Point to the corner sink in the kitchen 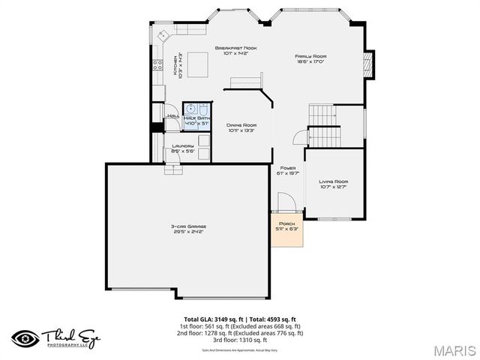[x=163, y=35]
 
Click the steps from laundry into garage [x=172, y=169]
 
